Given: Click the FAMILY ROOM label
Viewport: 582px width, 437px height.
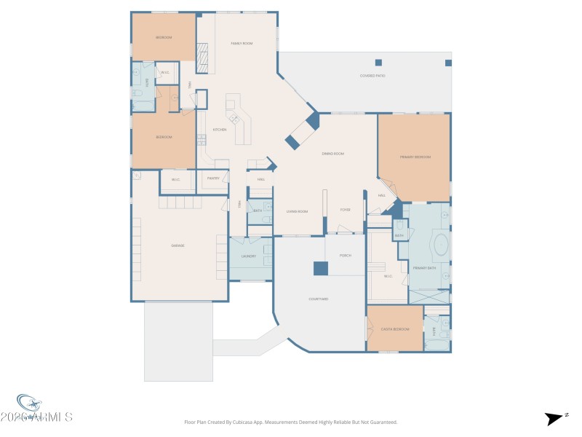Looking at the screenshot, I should click(x=242, y=44).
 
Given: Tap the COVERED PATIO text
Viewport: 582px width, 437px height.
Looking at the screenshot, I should click(x=372, y=76).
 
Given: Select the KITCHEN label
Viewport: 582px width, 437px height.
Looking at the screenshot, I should click(x=220, y=130).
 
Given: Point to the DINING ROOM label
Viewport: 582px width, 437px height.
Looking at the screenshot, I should click(x=333, y=154).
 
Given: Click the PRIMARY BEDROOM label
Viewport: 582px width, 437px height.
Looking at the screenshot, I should click(x=415, y=157).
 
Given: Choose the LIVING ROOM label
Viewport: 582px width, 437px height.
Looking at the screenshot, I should click(x=297, y=211).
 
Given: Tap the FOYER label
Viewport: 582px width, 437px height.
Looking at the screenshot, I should click(x=346, y=210).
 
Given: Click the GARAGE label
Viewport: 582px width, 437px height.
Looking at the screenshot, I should click(x=178, y=245).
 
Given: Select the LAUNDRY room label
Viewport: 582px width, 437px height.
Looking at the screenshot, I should click(x=249, y=256).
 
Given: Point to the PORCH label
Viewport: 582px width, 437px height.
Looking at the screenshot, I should click(x=346, y=256).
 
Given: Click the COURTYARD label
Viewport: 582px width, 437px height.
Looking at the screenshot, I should click(x=319, y=299).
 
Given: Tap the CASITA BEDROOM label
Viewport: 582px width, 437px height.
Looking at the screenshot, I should click(x=395, y=329).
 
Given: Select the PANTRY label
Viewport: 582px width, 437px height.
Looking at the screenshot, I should click(x=213, y=178).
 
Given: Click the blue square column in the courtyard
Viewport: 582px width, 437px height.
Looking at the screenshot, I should click(x=321, y=269).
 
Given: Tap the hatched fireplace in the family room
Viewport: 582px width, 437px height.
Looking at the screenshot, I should click(x=204, y=58).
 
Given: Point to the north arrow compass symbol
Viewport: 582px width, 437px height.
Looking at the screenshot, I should click(x=553, y=418).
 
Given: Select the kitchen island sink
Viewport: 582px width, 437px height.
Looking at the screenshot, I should click(x=234, y=118).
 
